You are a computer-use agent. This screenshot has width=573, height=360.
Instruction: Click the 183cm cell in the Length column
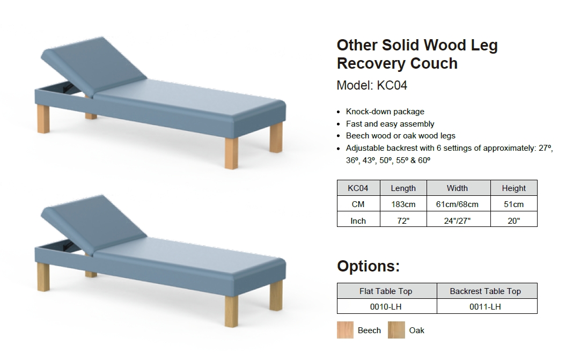click(403, 204)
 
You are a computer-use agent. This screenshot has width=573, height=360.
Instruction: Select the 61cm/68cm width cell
click(457, 204)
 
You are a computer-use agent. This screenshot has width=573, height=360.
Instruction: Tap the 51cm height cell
click(513, 204)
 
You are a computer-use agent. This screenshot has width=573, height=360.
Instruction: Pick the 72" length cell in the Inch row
click(403, 221)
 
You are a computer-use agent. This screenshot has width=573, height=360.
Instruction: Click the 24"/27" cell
click(457, 221)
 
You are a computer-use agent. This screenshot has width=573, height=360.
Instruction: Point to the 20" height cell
click(513, 221)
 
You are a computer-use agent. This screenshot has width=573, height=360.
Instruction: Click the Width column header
click(457, 188)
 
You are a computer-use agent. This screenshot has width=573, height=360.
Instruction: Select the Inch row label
click(358, 221)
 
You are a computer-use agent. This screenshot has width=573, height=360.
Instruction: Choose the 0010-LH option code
click(386, 307)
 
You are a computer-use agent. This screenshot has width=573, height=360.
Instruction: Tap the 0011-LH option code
click(486, 307)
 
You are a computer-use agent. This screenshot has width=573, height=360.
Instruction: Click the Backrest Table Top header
click(486, 291)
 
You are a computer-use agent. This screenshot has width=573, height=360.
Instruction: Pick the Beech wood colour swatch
click(346, 330)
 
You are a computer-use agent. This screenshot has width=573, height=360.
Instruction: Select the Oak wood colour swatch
click(396, 330)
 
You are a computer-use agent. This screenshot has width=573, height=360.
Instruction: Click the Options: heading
click(369, 266)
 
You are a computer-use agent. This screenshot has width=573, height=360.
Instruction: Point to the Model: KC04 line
click(372, 85)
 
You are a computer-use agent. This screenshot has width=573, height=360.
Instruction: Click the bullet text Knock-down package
click(385, 112)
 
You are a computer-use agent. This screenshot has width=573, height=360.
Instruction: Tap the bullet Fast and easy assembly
click(390, 124)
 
